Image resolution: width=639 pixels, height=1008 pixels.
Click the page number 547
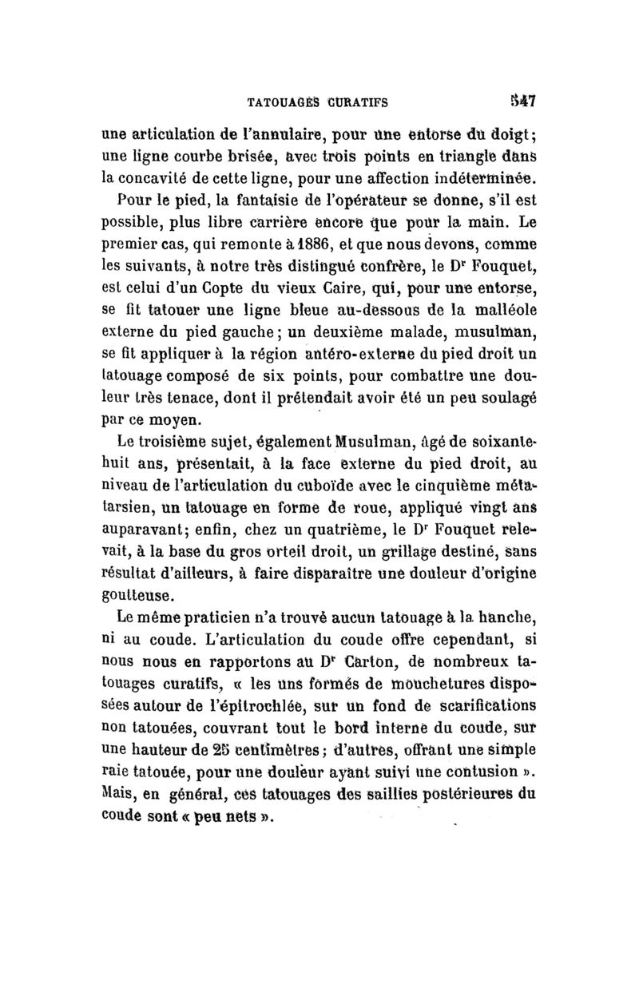click(x=522, y=101)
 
